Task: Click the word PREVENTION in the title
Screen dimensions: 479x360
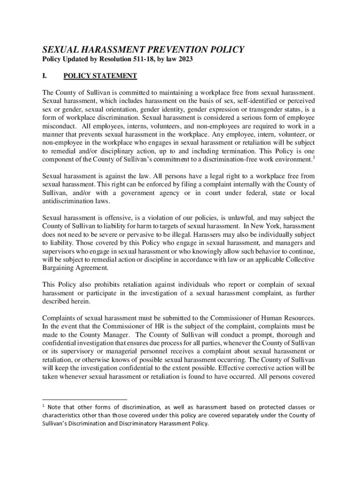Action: (170, 50)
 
